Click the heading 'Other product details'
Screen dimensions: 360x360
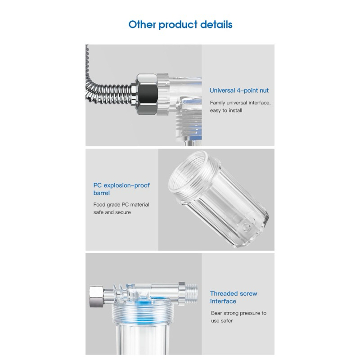pos(180,25)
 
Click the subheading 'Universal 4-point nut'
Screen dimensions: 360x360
pos(239,90)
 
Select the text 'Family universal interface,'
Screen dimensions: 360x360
pos(240,103)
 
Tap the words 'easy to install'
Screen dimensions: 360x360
pos(226,110)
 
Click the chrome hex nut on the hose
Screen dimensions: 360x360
pos(147,94)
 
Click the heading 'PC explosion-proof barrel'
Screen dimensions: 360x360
pos(121,189)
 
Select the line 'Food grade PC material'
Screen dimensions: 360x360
pos(121,205)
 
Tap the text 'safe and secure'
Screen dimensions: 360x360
pos(112,212)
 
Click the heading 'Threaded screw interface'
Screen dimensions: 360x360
pos(234,297)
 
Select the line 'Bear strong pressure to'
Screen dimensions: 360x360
pos(239,313)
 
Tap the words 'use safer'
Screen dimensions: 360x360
pos(222,321)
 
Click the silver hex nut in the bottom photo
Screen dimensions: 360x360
pos(96,297)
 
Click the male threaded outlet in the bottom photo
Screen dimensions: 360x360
pos(191,294)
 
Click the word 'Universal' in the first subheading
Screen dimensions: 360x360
pos(222,90)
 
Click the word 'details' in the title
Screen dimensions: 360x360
pos(216,25)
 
